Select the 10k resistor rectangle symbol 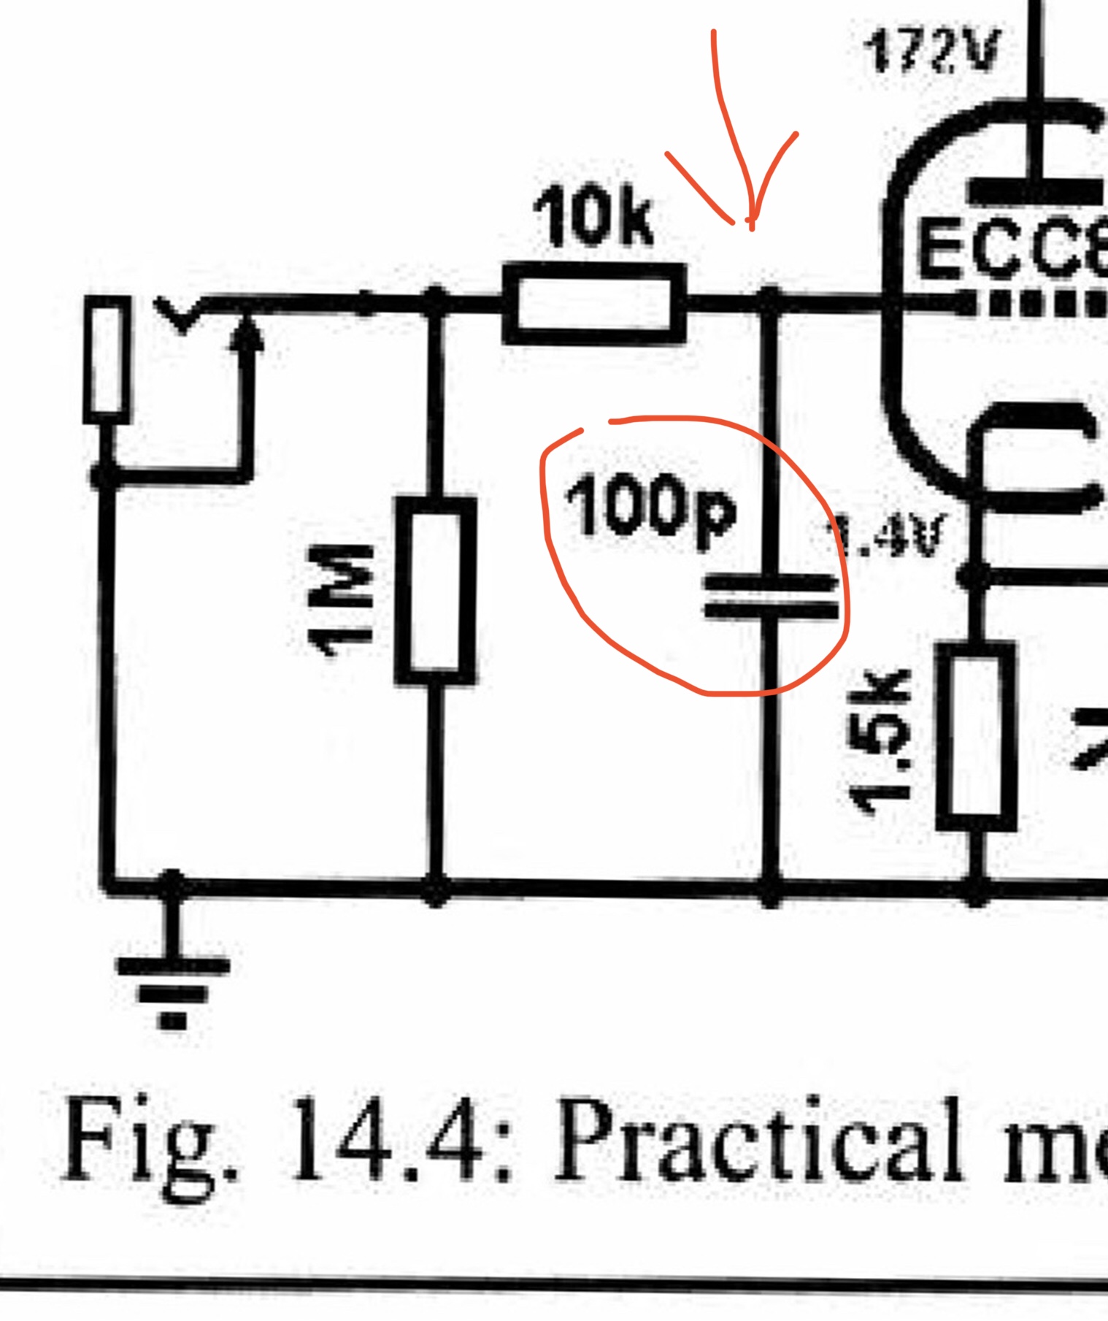click(x=594, y=304)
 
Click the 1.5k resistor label click(x=879, y=741)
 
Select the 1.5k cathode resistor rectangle click(x=977, y=736)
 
